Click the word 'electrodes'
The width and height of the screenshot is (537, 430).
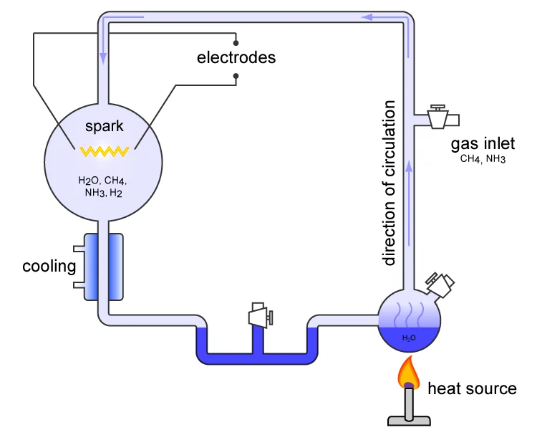coord(236,57)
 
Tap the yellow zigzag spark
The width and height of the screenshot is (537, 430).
coord(104,151)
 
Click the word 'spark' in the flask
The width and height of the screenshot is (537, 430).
coord(105,127)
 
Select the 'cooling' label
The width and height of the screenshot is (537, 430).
coord(49,267)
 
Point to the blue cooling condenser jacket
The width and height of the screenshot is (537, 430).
coord(104,267)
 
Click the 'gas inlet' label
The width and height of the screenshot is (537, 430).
coord(483,144)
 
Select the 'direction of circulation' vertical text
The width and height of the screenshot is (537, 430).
coord(389,183)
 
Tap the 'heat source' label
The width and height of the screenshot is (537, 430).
coord(472,389)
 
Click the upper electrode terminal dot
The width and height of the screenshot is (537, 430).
coord(236,42)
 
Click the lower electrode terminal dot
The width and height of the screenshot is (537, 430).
coord(236,75)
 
